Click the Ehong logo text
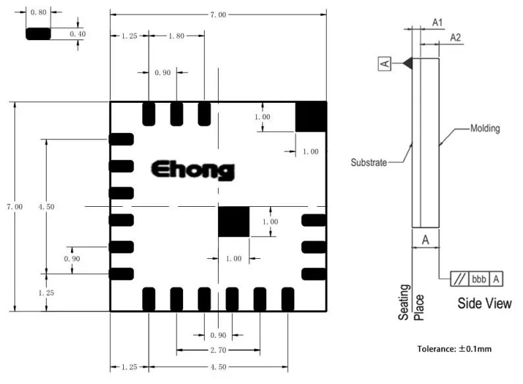pyautogui.click(x=192, y=170)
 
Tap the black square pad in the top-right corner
pyautogui.click(x=311, y=117)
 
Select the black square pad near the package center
pyautogui.click(x=234, y=221)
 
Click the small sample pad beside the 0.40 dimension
pyautogui.click(x=39, y=34)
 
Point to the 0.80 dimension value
pyautogui.click(x=39, y=11)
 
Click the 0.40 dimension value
pyautogui.click(x=78, y=33)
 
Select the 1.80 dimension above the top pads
pyautogui.click(x=176, y=36)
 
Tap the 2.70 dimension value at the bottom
pyautogui.click(x=218, y=350)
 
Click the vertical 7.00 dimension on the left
pyautogui.click(x=14, y=207)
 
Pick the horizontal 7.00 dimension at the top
pyautogui.click(x=218, y=14)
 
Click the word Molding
pyautogui.click(x=485, y=128)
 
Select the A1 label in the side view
pyautogui.click(x=437, y=22)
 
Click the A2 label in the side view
pyautogui.click(x=455, y=38)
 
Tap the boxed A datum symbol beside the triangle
pyautogui.click(x=385, y=63)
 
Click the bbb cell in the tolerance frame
pyautogui.click(x=478, y=279)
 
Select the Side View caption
pyautogui.click(x=484, y=304)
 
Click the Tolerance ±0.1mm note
pyautogui.click(x=454, y=349)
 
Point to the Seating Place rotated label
pyautogui.click(x=412, y=302)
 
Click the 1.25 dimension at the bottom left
pyautogui.click(x=129, y=367)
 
